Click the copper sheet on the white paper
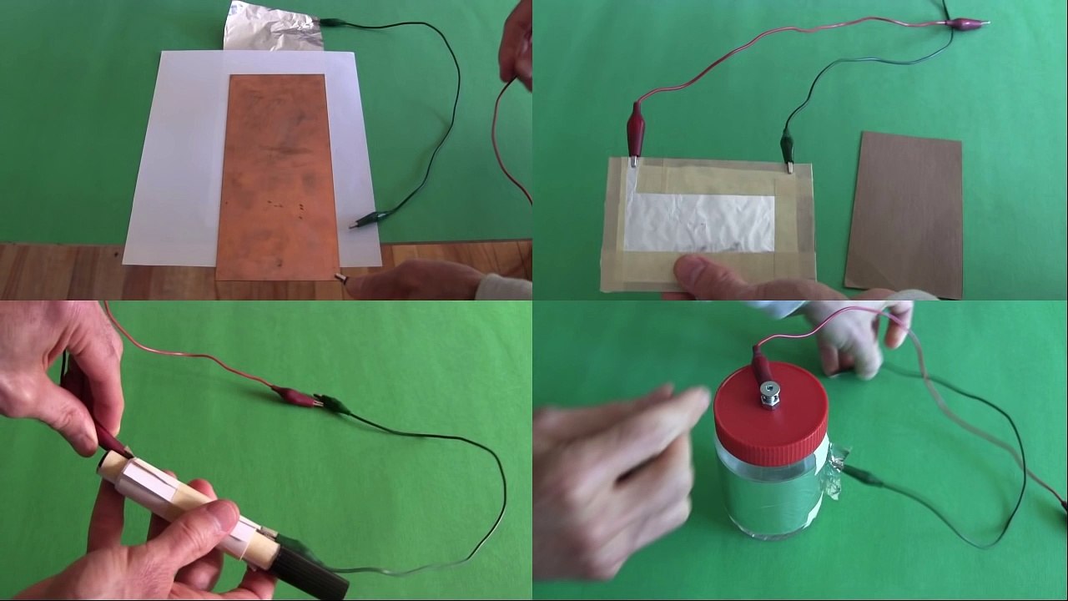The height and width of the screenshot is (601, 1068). pyautogui.click(x=276, y=175)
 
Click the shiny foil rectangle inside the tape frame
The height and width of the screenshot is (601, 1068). pyautogui.click(x=699, y=222)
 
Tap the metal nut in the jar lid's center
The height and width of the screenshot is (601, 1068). pyautogui.click(x=768, y=391)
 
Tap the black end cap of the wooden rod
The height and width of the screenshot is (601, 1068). pyautogui.click(x=309, y=572)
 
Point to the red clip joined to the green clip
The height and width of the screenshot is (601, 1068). pyautogui.click(x=294, y=395)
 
